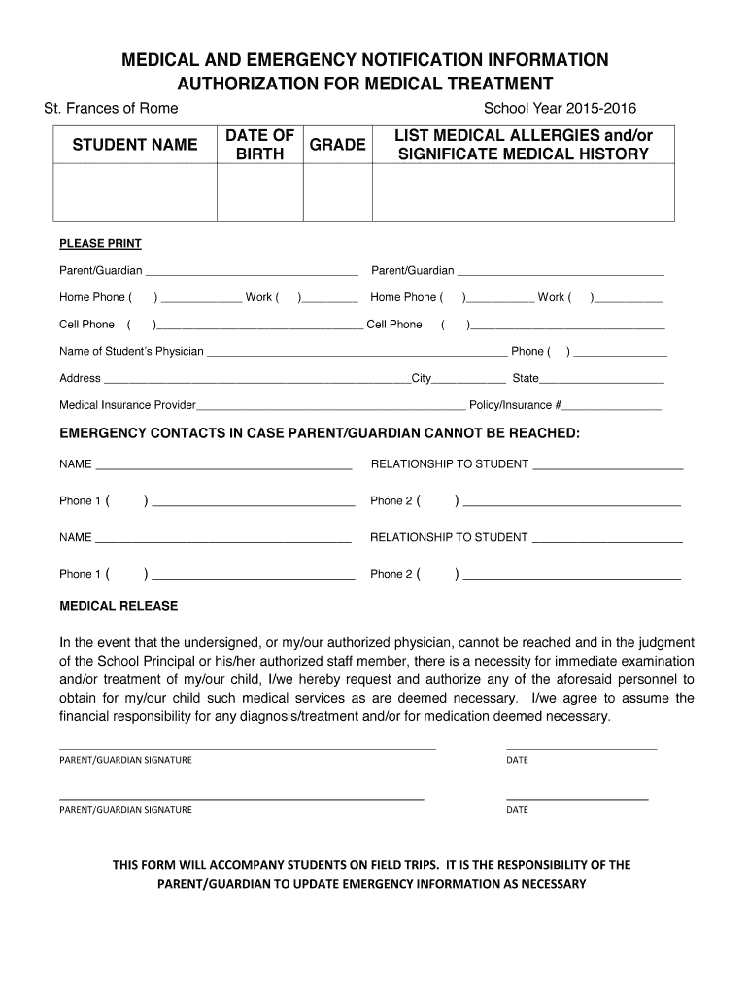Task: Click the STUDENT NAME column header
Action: pos(135,145)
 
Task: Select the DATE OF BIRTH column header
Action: pos(259,145)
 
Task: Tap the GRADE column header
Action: pos(337,145)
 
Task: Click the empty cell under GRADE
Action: pos(337,192)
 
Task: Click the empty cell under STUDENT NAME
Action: pos(135,192)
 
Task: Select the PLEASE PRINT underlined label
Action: pos(100,244)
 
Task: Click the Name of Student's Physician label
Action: pos(131,351)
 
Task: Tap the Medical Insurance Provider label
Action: pos(127,405)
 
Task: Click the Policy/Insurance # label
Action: pos(515,405)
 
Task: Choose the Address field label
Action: pos(80,378)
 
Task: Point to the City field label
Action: pos(422,378)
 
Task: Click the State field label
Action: pos(526,378)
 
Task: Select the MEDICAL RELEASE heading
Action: pos(119,606)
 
